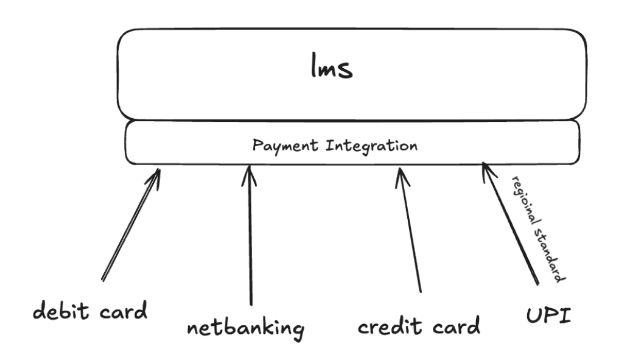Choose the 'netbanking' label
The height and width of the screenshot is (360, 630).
pos(245,330)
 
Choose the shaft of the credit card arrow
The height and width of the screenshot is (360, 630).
pos(410,231)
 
